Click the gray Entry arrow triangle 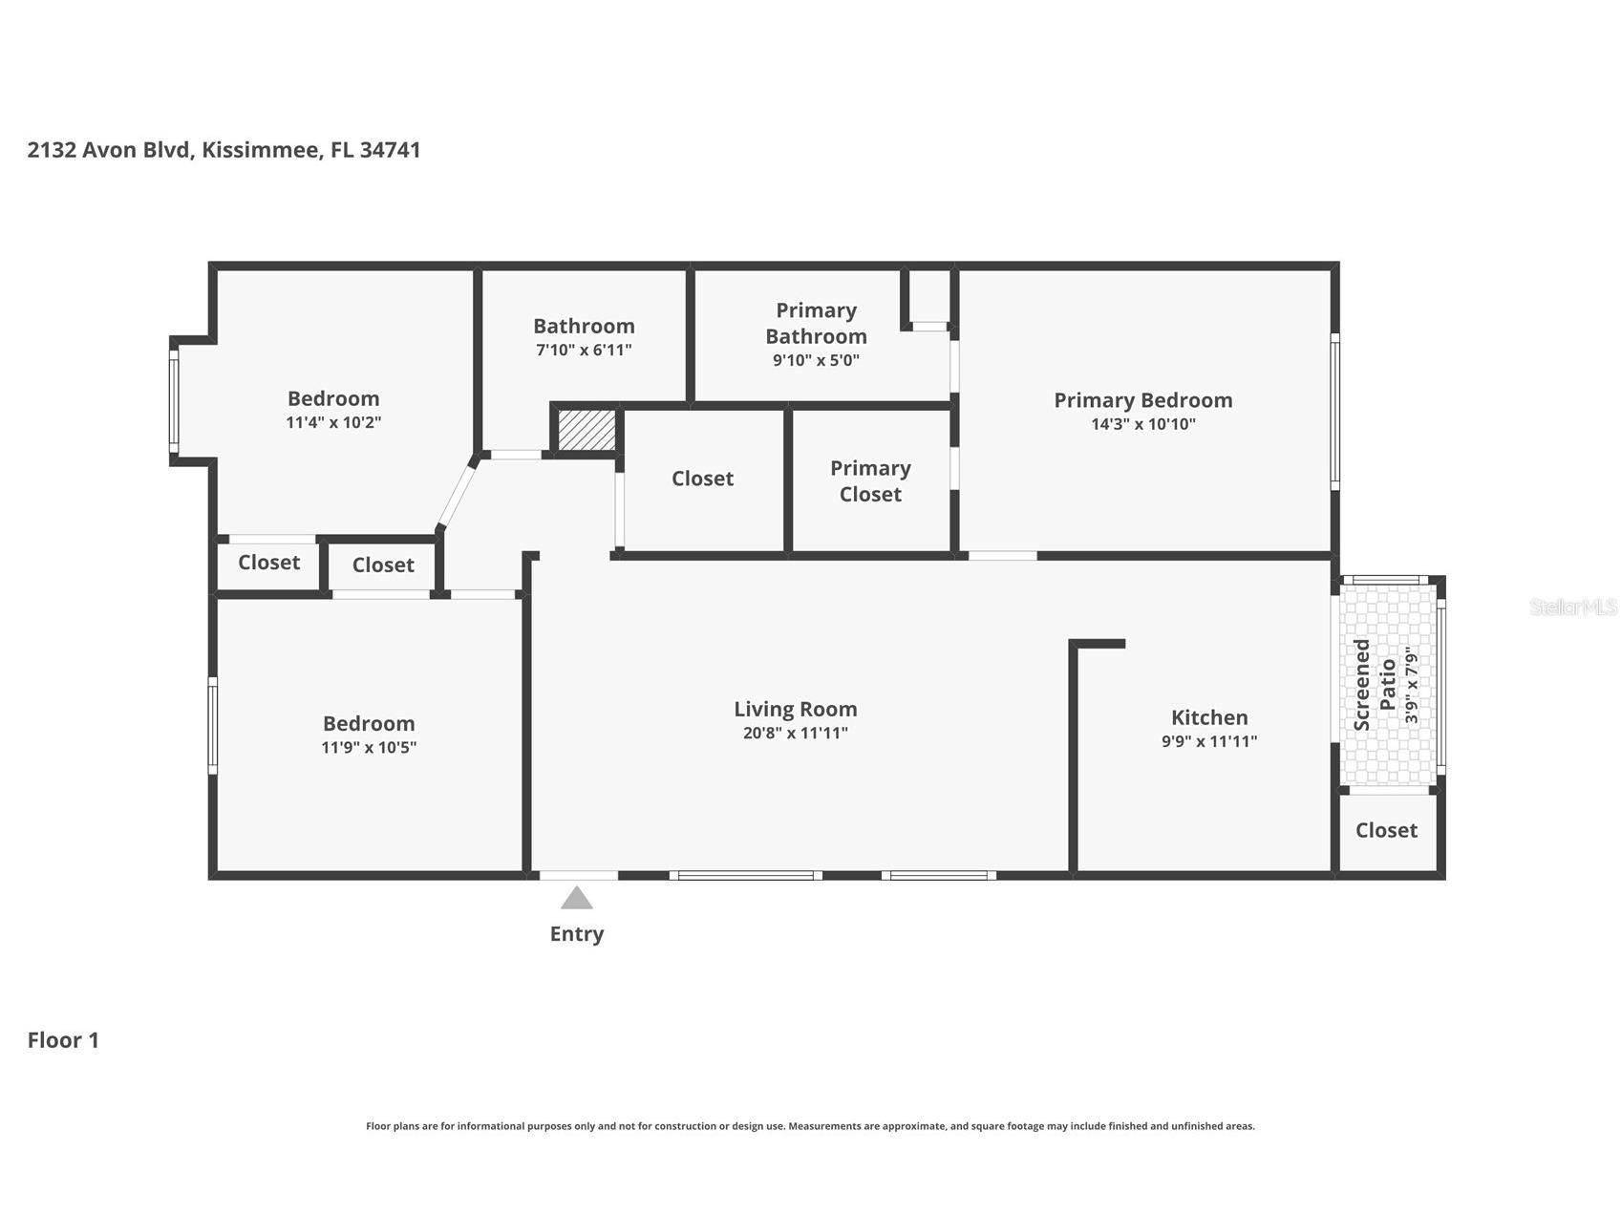576,898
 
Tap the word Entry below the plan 577,934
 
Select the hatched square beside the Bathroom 587,430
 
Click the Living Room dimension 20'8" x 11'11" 796,734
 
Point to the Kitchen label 1209,717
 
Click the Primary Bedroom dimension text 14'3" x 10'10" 1143,424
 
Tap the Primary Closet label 870,481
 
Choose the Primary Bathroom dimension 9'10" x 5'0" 817,360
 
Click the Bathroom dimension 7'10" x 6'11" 584,350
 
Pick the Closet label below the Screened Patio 1386,830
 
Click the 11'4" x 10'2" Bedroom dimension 333,422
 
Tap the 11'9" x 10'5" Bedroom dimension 369,748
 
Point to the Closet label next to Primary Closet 702,479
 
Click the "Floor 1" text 63,1040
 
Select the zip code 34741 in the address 390,150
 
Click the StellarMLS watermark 1573,607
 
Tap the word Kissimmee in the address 259,150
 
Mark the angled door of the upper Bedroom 457,494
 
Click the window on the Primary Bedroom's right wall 1335,412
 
